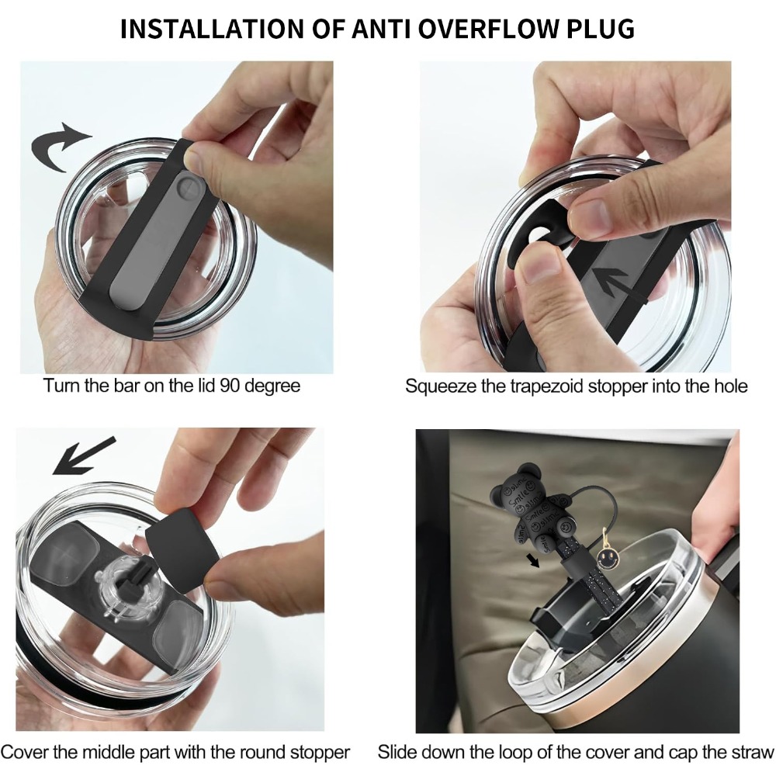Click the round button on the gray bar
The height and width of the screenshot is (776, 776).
pos(189,188)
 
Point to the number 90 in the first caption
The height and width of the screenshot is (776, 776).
pos(230,385)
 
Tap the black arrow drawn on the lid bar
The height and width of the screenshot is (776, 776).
pos(618,283)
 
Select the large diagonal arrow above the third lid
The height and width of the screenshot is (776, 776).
pos(84,456)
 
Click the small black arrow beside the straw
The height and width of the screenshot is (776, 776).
pos(533,561)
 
